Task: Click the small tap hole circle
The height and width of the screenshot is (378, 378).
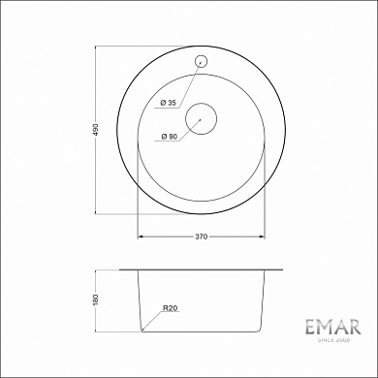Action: point(202,60)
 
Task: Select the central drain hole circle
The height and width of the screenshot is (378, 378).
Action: point(200,117)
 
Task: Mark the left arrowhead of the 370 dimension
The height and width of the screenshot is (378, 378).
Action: point(140,234)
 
